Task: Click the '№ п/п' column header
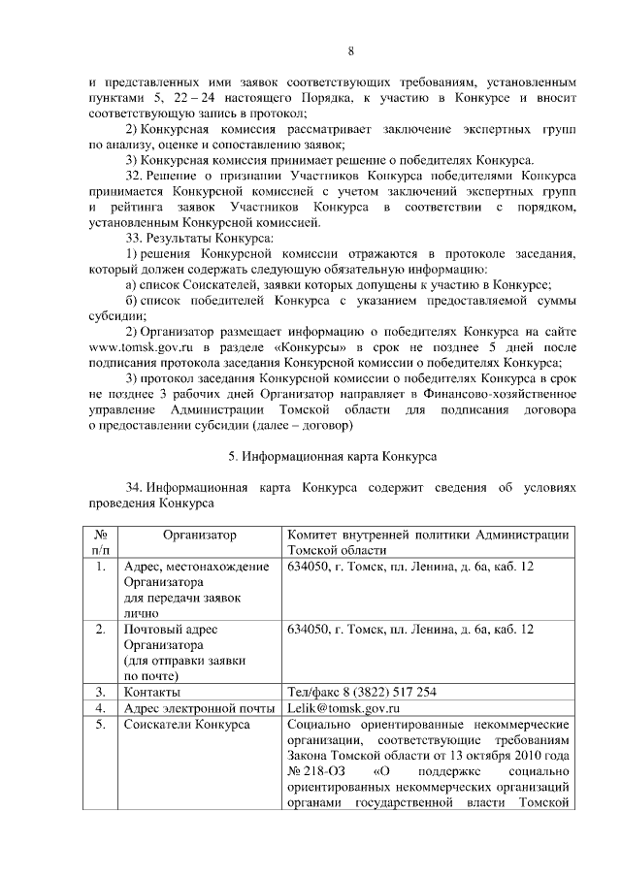tap(100, 542)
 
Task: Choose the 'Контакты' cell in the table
tap(151, 692)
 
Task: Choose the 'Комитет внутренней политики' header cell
tap(427, 542)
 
